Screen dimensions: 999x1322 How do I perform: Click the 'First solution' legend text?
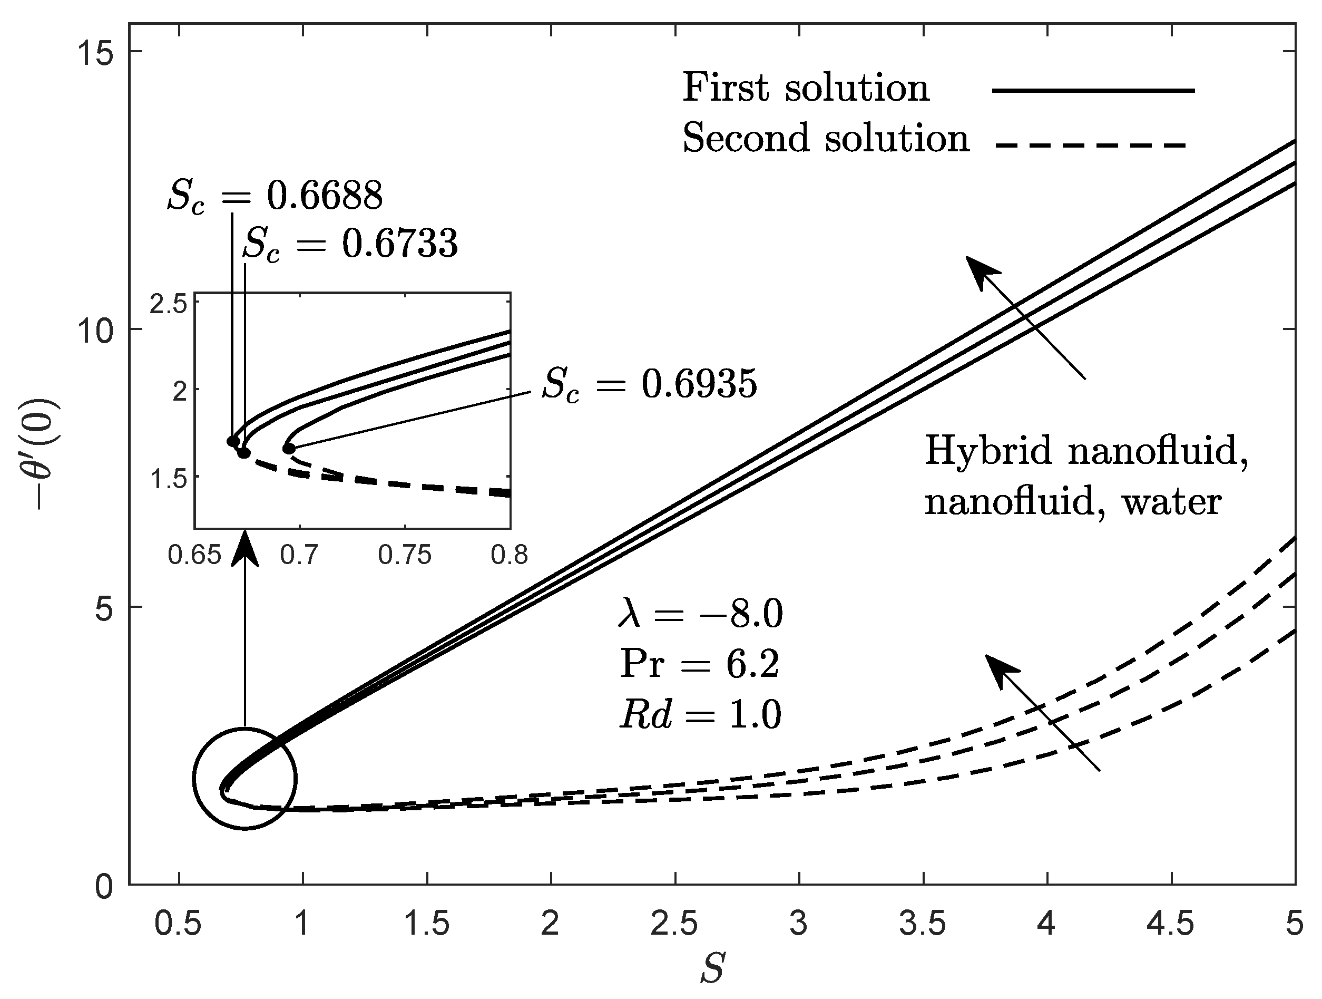(806, 89)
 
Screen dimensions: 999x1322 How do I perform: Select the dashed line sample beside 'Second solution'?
(1090, 144)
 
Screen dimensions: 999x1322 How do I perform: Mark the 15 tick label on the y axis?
(95, 52)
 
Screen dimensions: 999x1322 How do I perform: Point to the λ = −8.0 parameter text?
(700, 615)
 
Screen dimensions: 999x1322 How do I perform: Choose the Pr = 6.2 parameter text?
(699, 664)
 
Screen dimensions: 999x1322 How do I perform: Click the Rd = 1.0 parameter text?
(700, 714)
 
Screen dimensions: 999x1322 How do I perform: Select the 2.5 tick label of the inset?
(168, 306)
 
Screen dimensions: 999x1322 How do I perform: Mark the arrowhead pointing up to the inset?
(245, 550)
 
